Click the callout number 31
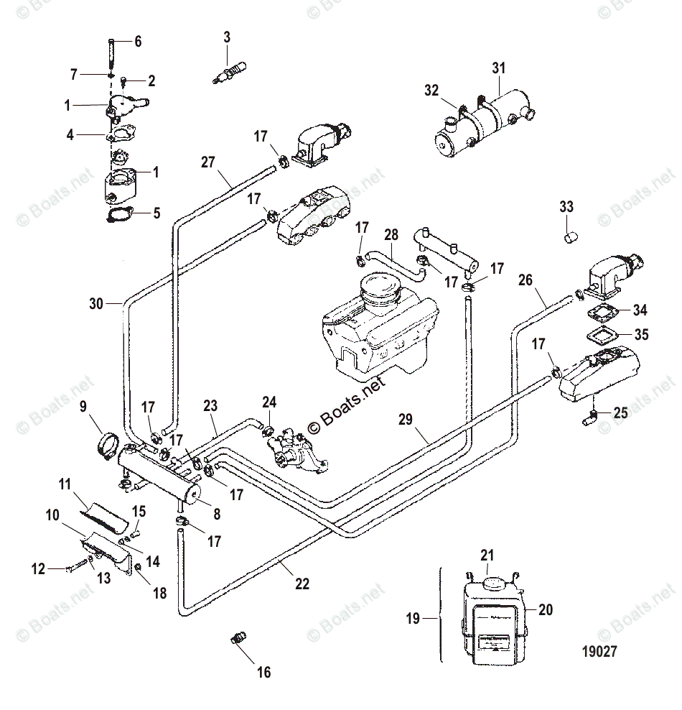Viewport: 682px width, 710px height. [x=498, y=68]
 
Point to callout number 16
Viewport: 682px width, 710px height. [x=263, y=672]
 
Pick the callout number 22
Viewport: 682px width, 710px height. [x=302, y=584]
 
